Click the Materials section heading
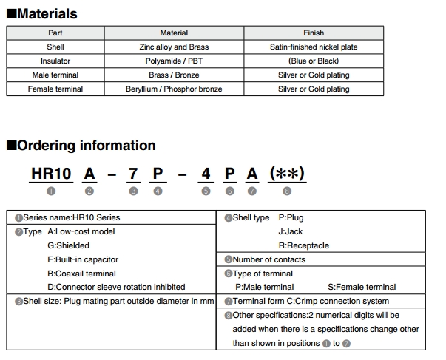(41, 13)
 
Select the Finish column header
(314, 33)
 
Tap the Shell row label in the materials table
(55, 47)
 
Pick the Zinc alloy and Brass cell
(174, 47)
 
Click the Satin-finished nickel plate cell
(314, 47)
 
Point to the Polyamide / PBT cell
(174, 61)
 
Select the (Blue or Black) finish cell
(314, 61)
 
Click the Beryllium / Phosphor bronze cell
(174, 89)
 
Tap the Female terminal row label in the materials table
(55, 89)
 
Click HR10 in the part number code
(51, 174)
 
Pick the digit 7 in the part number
(133, 174)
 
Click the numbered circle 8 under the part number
(287, 191)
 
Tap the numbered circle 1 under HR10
(51, 191)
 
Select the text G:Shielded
(68, 245)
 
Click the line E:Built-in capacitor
(83, 259)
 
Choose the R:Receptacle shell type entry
(303, 245)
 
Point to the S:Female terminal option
(362, 287)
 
